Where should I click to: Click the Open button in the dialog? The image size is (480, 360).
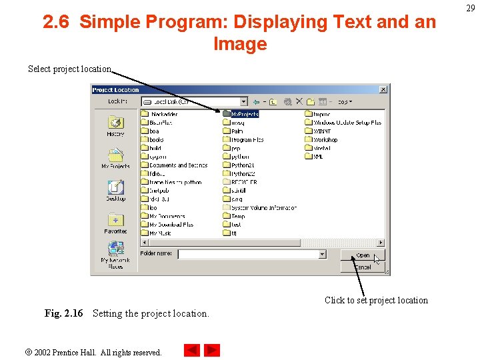point(362,255)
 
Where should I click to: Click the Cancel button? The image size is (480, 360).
point(362,267)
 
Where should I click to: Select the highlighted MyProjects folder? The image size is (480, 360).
point(243,114)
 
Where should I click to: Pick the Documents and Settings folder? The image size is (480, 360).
point(177,165)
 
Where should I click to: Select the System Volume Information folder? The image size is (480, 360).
point(263,207)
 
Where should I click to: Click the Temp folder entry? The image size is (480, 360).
point(238,216)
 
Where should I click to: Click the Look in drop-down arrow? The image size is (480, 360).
point(243,102)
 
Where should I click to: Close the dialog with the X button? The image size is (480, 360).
point(383,89)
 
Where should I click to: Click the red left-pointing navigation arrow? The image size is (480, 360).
point(191,350)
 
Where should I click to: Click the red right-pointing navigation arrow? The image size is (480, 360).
point(212,350)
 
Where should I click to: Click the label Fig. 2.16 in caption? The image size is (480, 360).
point(63,313)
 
